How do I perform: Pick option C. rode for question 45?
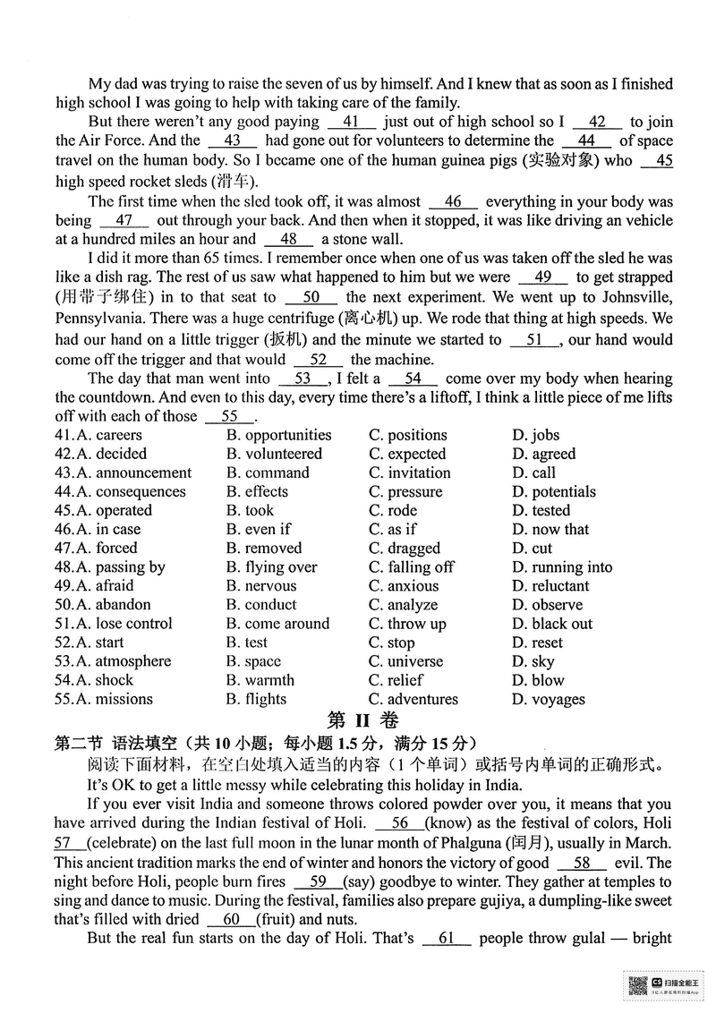(x=393, y=511)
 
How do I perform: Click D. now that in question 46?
(x=550, y=530)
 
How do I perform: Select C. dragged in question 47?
(x=404, y=549)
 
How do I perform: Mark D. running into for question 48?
(x=562, y=567)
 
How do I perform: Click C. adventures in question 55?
(x=413, y=699)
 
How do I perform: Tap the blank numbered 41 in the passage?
(x=351, y=122)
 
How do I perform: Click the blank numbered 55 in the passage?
(x=229, y=416)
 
